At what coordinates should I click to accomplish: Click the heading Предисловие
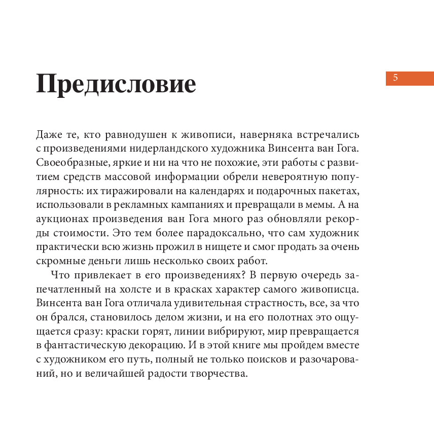click(116, 84)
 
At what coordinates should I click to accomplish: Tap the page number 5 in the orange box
click(395, 78)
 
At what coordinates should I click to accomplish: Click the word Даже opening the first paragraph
click(49, 135)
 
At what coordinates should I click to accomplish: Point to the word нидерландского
click(157, 149)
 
